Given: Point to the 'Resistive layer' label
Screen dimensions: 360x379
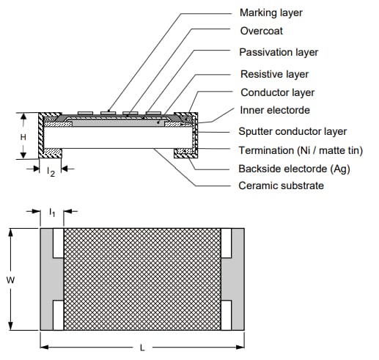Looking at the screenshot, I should (274, 74).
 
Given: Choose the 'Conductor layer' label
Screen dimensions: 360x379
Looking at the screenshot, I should (277, 93).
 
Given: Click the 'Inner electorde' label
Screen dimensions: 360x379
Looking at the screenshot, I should (275, 111).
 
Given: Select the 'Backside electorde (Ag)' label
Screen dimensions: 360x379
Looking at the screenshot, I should (293, 169).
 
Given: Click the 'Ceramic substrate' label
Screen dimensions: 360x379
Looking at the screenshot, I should (282, 185).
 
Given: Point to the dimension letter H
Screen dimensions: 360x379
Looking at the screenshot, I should (23, 136).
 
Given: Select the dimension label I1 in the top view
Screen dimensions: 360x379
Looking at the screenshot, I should (51, 212).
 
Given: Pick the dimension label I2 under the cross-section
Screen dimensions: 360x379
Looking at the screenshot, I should (50, 172).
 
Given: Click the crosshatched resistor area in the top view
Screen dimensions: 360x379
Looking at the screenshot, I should (141, 279).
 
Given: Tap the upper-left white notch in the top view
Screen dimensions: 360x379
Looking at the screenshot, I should (58, 243).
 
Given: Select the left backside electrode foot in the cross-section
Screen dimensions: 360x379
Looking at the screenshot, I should (51, 153).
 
